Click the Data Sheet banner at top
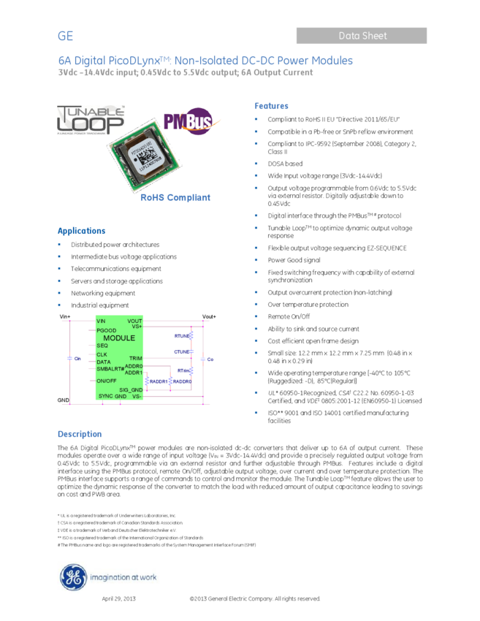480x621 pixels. coord(362,35)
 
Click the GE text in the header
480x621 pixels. coord(66,37)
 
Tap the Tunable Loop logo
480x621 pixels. coord(91,121)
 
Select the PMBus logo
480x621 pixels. coord(191,121)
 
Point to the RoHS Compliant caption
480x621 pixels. coord(175,197)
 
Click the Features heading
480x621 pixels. coord(271,106)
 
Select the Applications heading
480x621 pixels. coord(82,231)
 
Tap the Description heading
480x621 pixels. coord(80,434)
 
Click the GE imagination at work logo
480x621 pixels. coord(108,577)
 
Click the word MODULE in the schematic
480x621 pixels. coord(119,338)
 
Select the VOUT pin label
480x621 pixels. coord(134,321)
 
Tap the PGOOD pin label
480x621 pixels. coord(107,330)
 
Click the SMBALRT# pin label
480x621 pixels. coord(110,369)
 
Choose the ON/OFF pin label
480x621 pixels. coord(107,381)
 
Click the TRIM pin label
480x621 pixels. coord(135,358)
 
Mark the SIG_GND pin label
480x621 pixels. coord(131,390)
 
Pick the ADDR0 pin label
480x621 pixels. coord(134,366)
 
